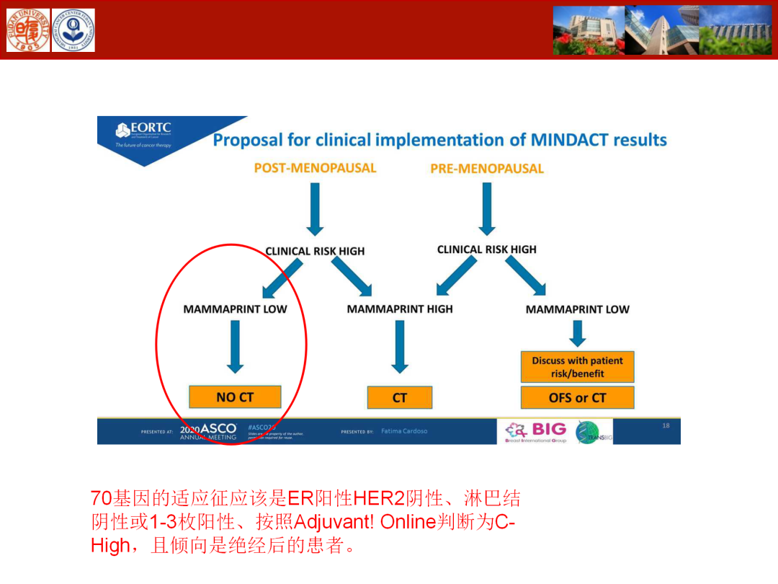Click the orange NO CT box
[x=235, y=397]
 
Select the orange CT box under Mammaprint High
[x=400, y=397]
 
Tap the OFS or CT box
[x=578, y=397]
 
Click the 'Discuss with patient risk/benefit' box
[x=578, y=367]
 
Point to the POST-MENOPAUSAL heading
[x=315, y=168]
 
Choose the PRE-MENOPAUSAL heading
[x=487, y=169]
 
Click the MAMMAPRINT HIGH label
[x=400, y=309]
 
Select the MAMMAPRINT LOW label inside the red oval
[x=235, y=309]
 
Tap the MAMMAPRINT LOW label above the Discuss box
[x=578, y=309]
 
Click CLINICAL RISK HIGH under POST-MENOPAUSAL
[x=315, y=251]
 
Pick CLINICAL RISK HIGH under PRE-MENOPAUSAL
[x=487, y=249]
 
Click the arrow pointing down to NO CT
[x=235, y=346]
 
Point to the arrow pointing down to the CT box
[x=400, y=346]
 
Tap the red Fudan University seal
[x=28, y=30]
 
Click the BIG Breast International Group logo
[x=537, y=431]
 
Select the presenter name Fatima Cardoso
[x=404, y=431]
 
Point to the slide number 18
[x=666, y=425]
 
